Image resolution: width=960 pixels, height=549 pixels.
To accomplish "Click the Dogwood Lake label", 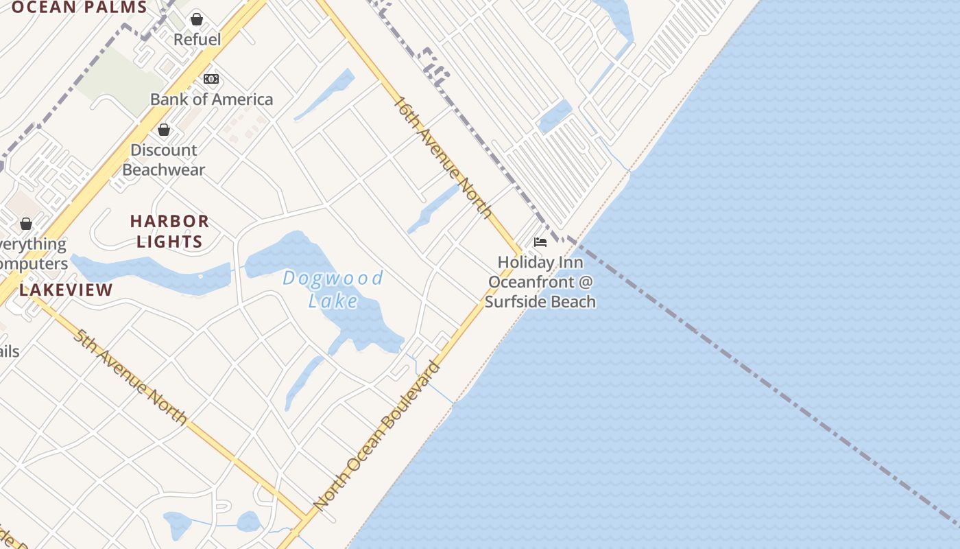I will [x=333, y=290].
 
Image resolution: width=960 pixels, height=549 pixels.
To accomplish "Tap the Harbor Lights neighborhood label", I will [x=169, y=231].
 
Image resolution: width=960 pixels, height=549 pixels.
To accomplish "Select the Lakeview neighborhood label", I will [x=66, y=290].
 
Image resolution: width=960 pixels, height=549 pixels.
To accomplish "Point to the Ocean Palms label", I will [x=80, y=8].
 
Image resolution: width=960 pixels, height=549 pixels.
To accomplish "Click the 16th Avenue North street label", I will [x=443, y=157].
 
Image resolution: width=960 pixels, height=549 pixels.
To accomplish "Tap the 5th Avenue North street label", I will [x=130, y=377].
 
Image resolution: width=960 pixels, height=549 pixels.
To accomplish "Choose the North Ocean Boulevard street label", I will [x=376, y=436].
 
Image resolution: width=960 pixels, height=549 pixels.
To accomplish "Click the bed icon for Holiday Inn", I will [x=540, y=242].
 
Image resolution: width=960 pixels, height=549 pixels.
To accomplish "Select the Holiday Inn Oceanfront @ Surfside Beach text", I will [x=540, y=281].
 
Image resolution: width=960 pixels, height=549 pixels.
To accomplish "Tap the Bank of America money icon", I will [x=211, y=79].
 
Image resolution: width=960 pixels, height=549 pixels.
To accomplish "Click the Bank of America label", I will [x=211, y=100].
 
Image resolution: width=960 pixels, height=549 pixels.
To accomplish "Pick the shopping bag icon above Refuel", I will [x=197, y=19].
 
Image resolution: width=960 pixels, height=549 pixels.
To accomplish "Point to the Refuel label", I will [x=197, y=39].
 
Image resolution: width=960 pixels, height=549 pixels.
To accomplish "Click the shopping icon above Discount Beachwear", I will [x=164, y=130].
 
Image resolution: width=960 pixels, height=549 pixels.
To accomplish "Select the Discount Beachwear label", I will [x=164, y=159].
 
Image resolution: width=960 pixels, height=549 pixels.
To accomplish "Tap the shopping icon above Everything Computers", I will [x=26, y=224].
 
